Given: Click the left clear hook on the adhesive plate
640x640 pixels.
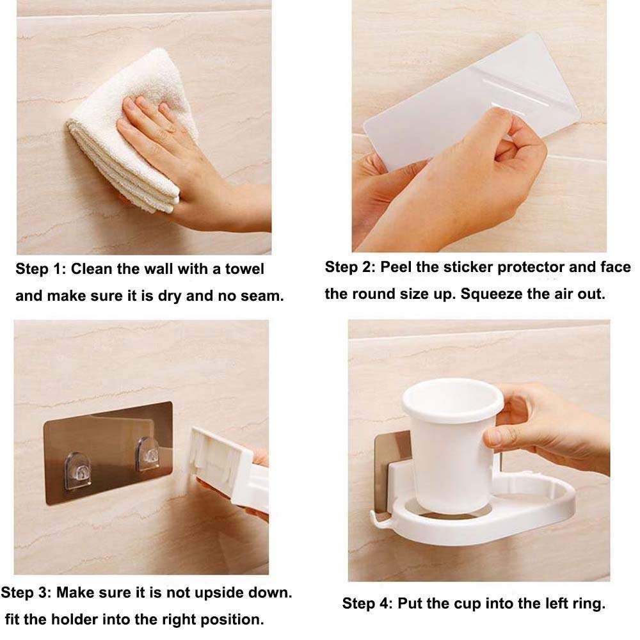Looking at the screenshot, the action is click(77, 470).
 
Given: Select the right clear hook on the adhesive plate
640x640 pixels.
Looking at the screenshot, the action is click(147, 453).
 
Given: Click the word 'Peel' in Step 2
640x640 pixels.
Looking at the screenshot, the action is click(396, 268).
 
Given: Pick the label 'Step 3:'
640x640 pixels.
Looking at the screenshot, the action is click(26, 593).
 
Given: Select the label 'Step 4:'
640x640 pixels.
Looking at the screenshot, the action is click(367, 604).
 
